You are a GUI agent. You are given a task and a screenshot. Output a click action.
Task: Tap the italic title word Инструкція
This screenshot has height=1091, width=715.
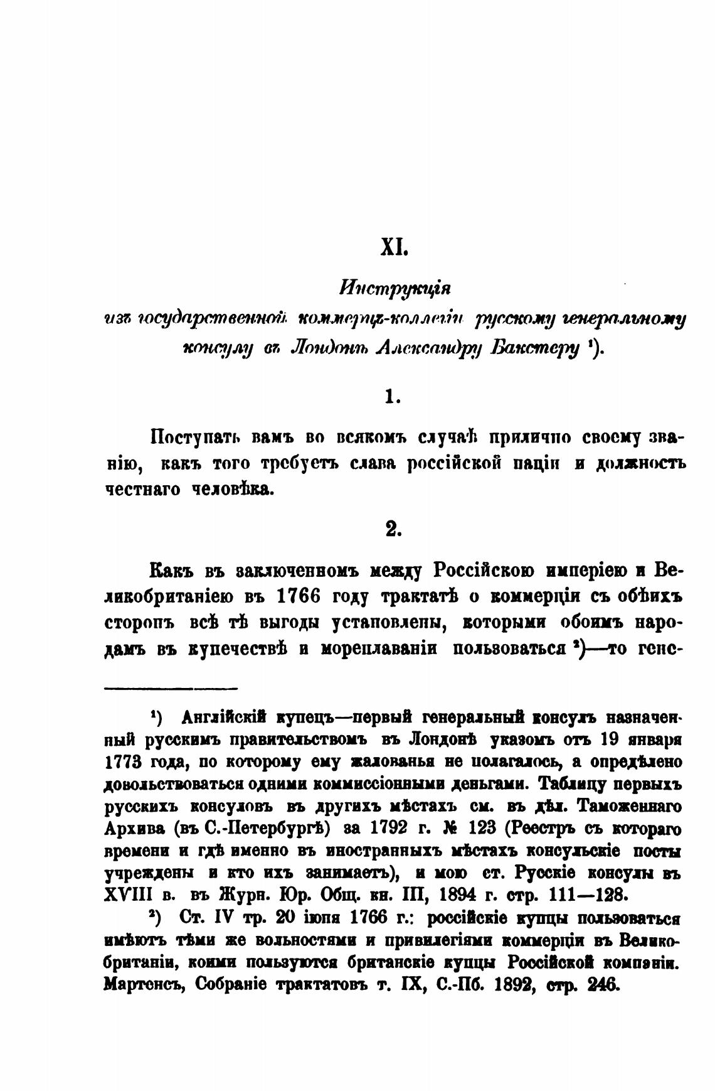[x=395, y=291]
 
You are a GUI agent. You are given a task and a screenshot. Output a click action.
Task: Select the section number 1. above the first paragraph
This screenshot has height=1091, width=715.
[x=393, y=397]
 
